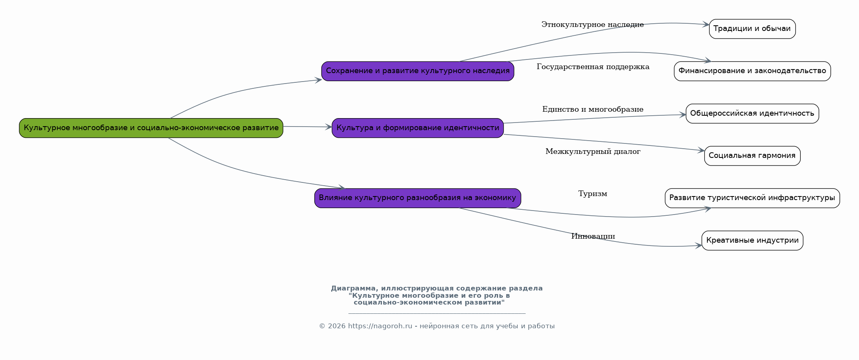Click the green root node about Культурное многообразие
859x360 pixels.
coord(151,128)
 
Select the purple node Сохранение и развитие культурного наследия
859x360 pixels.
coord(418,71)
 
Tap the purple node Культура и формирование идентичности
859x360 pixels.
coord(418,128)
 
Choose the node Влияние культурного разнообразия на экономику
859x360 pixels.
coord(418,198)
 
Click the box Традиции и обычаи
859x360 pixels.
coord(752,29)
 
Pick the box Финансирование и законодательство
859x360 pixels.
coord(752,71)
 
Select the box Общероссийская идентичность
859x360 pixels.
coord(752,114)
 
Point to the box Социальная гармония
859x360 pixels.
coord(752,156)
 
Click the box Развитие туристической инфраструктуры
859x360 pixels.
coord(752,198)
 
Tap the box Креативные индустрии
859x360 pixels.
coord(752,241)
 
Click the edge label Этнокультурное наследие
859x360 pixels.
coord(592,25)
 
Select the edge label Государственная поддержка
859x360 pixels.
coord(593,67)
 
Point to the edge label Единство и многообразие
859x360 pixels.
coord(592,109)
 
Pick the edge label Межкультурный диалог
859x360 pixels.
coord(592,152)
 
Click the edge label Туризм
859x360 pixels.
coord(592,194)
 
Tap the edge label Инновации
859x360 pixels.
coord(593,236)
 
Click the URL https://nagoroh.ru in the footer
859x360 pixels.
coord(380,326)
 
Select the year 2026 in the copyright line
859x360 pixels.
coord(336,326)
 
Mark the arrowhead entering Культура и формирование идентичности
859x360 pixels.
coord(329,127)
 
